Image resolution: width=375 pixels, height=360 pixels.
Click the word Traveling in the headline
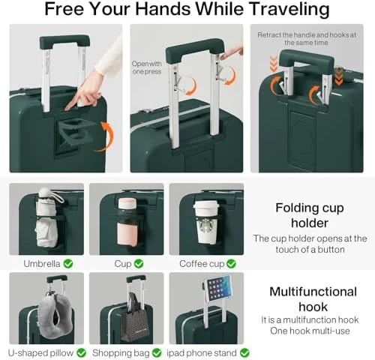[x=282, y=10]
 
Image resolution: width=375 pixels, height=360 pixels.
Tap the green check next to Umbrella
[x=68, y=263]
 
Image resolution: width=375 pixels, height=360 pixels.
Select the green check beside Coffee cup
[x=231, y=263]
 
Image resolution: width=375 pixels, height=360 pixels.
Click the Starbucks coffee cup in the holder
[x=205, y=222]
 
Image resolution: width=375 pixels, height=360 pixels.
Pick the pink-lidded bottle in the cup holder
[x=127, y=221]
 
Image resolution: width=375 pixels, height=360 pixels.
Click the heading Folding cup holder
[x=310, y=214]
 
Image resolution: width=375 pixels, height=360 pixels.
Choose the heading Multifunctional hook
[x=313, y=298]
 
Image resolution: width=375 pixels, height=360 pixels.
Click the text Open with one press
[x=146, y=67]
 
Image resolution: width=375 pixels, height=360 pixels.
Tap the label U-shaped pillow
[x=41, y=352]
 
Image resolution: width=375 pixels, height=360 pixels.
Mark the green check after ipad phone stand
[x=244, y=352]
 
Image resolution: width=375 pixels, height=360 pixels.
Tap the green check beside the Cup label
[x=139, y=263]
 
